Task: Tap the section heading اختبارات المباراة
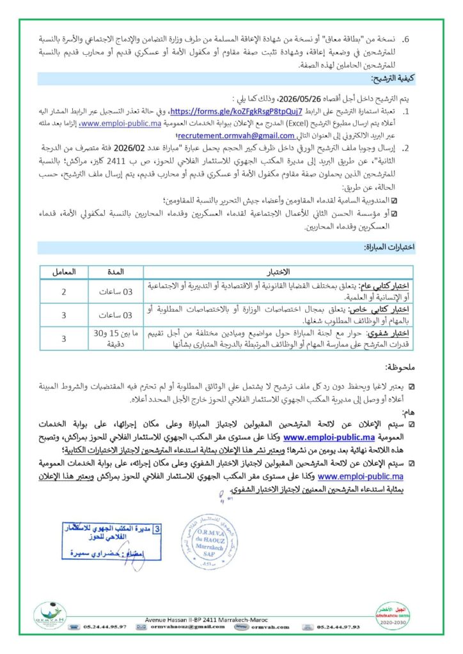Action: (389, 247)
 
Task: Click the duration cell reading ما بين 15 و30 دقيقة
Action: (118, 339)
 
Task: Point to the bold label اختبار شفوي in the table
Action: (392, 333)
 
